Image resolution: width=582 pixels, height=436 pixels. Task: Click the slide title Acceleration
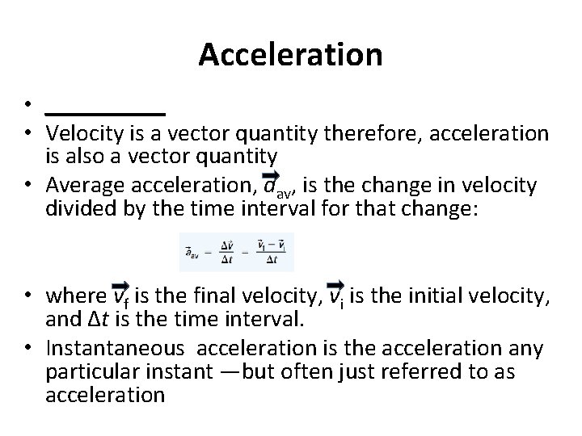pyautogui.click(x=290, y=55)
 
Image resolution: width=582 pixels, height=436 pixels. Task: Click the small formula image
pyautogui.click(x=236, y=252)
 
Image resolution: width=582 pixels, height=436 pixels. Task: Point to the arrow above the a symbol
pyautogui.click(x=271, y=175)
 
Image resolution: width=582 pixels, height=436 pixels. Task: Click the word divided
pyautogui.click(x=79, y=208)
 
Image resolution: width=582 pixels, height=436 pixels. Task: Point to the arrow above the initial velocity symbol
pyautogui.click(x=335, y=285)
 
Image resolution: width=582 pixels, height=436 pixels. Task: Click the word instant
pyautogui.click(x=190, y=372)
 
